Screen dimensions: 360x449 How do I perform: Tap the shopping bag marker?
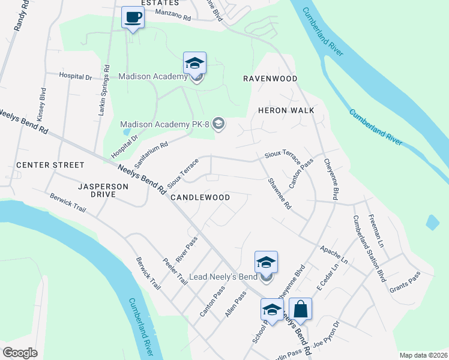click(301, 309)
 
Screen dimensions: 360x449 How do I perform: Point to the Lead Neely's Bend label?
click(223, 277)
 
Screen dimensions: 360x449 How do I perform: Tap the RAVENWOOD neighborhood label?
click(270, 79)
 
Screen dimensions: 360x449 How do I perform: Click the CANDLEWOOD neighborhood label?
click(200, 197)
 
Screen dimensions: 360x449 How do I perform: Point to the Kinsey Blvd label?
click(41, 106)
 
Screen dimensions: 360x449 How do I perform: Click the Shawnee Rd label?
click(279, 193)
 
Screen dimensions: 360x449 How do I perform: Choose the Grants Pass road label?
click(406, 281)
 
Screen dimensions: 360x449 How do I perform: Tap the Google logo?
click(20, 353)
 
